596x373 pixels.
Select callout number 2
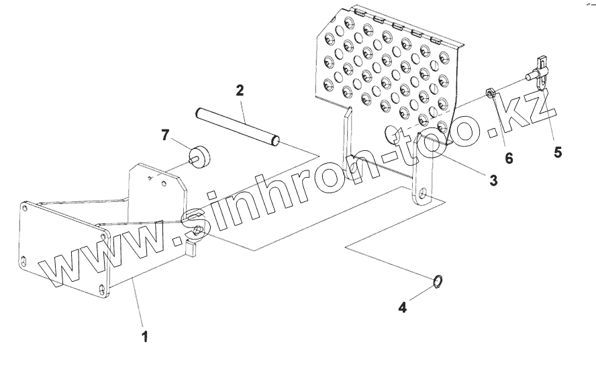pos(239,91)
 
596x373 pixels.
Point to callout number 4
pos(402,308)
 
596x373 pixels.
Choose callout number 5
pos(558,152)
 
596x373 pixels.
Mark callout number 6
pos(509,158)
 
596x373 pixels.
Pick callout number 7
pos(164,136)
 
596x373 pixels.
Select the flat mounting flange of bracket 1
pos(64,244)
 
